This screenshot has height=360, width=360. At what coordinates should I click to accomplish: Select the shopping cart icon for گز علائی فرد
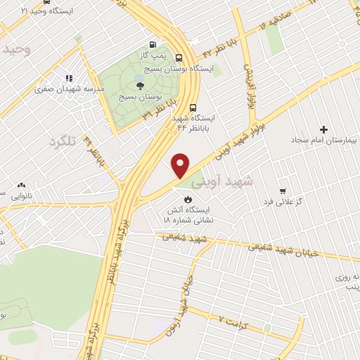click(x=283, y=191)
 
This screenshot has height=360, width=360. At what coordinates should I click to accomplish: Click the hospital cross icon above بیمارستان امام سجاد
click(x=323, y=129)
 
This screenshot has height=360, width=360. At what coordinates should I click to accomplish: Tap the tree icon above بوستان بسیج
click(x=140, y=85)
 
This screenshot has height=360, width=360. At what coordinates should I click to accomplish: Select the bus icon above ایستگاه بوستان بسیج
click(x=179, y=58)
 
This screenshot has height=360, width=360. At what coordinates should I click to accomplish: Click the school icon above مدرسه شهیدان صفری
click(x=69, y=78)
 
